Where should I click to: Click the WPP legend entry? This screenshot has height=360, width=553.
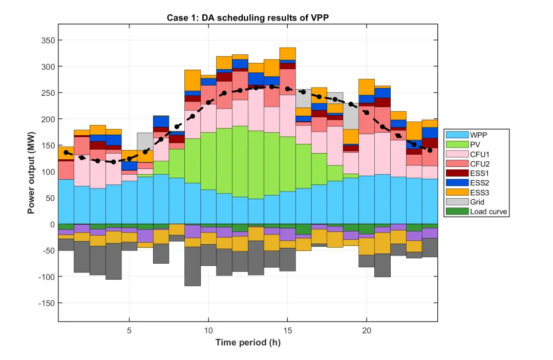[x=477, y=134]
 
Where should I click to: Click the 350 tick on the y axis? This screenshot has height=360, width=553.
[x=48, y=40]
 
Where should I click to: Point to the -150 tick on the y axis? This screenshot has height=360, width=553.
[x=46, y=303]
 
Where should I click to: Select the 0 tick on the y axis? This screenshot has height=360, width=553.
[x=52, y=224]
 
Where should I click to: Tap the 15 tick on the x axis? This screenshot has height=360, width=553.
[x=288, y=331]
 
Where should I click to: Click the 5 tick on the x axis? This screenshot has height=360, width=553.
[x=129, y=331]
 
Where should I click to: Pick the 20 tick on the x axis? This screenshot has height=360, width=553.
[x=367, y=331]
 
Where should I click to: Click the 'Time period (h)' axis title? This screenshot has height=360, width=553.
[x=248, y=343]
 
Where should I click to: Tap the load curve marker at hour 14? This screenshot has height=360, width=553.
[x=272, y=87]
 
